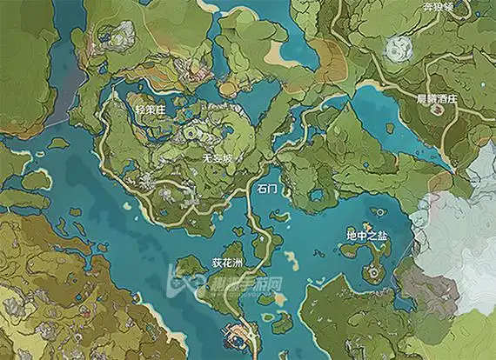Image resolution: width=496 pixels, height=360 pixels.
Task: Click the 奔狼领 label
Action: click(439, 6)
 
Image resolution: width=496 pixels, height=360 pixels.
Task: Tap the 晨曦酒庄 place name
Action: click(435, 101)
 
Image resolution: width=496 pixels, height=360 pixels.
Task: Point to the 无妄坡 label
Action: click(217, 159)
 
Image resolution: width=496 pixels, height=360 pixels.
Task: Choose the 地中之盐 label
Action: click(365, 235)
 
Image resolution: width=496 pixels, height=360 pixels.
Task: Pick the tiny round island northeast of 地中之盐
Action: click(380, 211)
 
